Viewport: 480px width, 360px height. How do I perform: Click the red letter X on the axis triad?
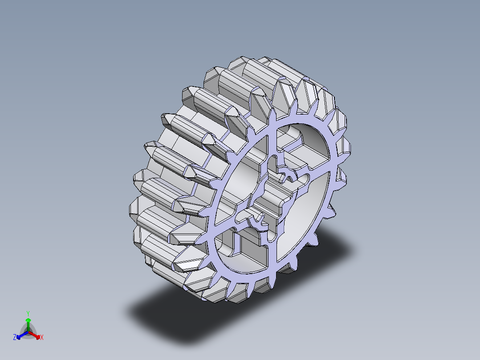pos(41,337)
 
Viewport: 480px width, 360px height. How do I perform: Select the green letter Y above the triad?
pos(28,313)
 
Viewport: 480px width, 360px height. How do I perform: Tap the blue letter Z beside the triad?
pos(15,337)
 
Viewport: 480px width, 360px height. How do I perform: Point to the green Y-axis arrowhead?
pos(28,320)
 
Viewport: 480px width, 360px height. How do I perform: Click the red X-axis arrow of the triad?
pos(37,335)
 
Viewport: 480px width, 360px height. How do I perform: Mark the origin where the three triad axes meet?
pos(28,332)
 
